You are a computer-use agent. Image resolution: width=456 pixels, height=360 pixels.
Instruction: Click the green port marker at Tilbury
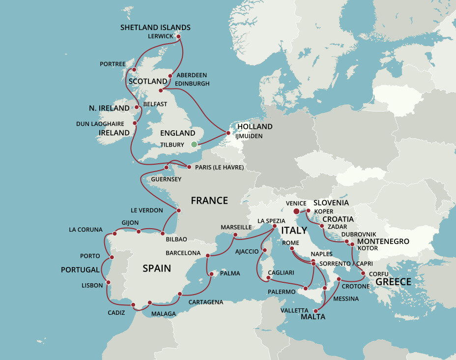(x=194, y=144)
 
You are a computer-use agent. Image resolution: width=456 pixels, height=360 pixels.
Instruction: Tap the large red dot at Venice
(x=297, y=211)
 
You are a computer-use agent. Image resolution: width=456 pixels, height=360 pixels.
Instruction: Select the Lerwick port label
(x=161, y=36)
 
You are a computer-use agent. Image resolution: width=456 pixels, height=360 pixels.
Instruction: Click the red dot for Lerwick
(x=178, y=36)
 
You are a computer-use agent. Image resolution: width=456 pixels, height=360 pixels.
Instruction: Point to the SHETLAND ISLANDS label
(x=155, y=28)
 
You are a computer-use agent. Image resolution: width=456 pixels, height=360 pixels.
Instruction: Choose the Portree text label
(x=113, y=64)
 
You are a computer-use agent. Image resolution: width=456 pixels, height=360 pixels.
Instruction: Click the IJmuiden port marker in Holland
(x=228, y=133)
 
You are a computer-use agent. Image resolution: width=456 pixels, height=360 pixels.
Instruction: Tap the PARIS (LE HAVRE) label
(x=219, y=167)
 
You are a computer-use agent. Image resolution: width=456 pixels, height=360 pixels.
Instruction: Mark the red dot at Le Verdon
(x=178, y=210)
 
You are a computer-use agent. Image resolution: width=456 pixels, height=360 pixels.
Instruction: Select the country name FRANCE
(x=209, y=201)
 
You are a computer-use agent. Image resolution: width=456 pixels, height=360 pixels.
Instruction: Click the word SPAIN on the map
(x=157, y=269)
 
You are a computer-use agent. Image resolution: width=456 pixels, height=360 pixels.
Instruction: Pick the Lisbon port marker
(x=108, y=282)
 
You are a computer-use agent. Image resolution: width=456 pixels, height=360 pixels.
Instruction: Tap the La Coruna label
(x=85, y=230)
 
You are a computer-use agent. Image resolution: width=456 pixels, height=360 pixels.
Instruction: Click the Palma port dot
(x=210, y=274)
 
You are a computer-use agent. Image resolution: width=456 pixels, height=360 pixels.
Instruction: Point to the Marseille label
(x=236, y=227)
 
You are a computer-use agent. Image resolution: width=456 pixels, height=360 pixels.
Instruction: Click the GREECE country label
(x=393, y=282)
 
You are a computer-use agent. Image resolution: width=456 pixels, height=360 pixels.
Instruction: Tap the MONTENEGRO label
(x=383, y=241)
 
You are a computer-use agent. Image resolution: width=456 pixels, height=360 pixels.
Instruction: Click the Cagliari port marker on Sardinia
(x=268, y=278)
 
